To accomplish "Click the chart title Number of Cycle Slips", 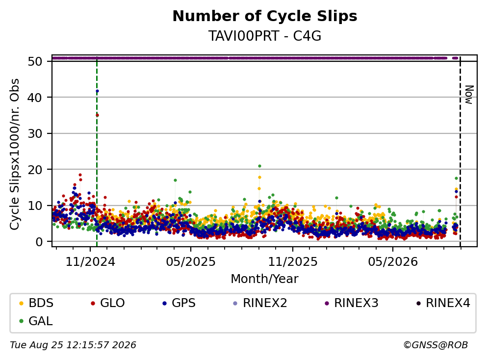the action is pyautogui.click(x=265, y=16).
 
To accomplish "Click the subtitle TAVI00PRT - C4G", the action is pyautogui.click(x=265, y=36).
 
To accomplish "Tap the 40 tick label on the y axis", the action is pyautogui.click(x=35, y=98).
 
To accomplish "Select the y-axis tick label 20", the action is pyautogui.click(x=35, y=170).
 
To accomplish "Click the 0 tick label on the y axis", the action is pyautogui.click(x=39, y=242).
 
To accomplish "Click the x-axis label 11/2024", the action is pyautogui.click(x=90, y=262).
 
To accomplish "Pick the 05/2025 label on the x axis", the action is pyautogui.click(x=191, y=262).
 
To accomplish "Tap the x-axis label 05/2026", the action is pyautogui.click(x=393, y=262).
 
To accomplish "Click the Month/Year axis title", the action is pyautogui.click(x=265, y=279).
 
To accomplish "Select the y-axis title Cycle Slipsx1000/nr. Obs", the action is pyautogui.click(x=15, y=154).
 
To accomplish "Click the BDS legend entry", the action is pyautogui.click(x=36, y=303).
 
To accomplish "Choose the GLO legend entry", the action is pyautogui.click(x=108, y=303).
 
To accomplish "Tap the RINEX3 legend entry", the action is pyautogui.click(x=352, y=303).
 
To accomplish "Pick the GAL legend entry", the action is pyautogui.click(x=36, y=321).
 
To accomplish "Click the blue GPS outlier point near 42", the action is pyautogui.click(x=97, y=91).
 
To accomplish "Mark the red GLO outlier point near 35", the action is pyautogui.click(x=97, y=115).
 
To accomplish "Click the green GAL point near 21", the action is pyautogui.click(x=259, y=166).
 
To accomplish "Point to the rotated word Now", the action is pyautogui.click(x=469, y=95).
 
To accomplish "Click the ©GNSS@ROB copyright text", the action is pyautogui.click(x=436, y=345).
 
